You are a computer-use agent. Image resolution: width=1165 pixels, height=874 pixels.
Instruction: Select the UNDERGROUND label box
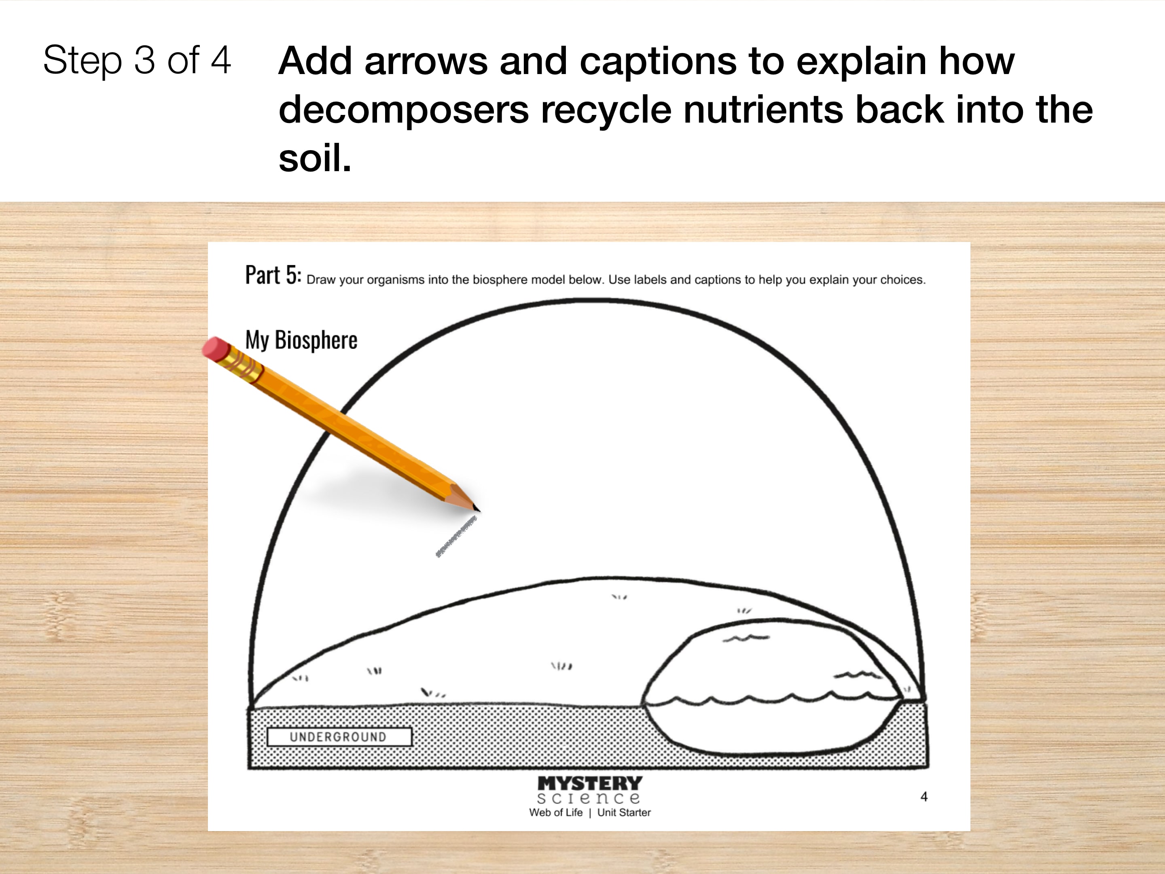pyautogui.click(x=339, y=736)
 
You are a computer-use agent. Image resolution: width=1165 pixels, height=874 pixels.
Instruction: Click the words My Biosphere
pyautogui.click(x=301, y=340)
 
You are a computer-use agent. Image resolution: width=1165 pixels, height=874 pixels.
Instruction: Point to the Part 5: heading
pyautogui.click(x=273, y=275)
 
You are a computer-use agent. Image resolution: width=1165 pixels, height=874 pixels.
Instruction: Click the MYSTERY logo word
pyautogui.click(x=590, y=783)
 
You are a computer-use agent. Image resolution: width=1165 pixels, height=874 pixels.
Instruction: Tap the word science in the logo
pyautogui.click(x=589, y=798)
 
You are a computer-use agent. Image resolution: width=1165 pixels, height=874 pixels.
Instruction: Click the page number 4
pyautogui.click(x=924, y=797)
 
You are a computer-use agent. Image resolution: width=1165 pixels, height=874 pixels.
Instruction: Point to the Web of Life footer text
pyautogui.click(x=556, y=812)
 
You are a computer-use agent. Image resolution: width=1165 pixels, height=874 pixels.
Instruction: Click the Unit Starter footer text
pyautogui.click(x=624, y=812)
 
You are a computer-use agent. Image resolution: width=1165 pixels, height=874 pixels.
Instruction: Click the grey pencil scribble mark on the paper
pyautogui.click(x=456, y=536)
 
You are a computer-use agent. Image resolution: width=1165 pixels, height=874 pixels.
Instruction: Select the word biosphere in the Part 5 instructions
pyautogui.click(x=500, y=280)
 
